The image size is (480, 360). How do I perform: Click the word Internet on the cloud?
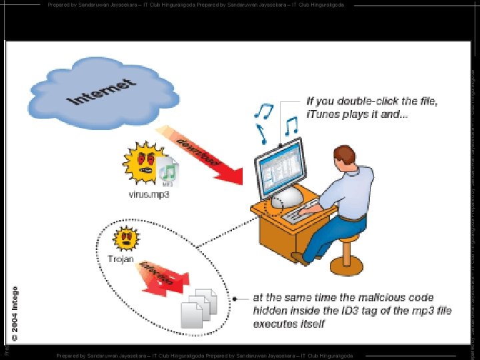[x=103, y=92]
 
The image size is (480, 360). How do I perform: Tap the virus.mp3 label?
[x=149, y=195]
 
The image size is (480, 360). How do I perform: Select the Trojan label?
[x=121, y=258]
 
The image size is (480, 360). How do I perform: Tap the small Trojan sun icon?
[x=125, y=238]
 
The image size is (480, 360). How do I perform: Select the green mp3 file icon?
[x=167, y=172]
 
